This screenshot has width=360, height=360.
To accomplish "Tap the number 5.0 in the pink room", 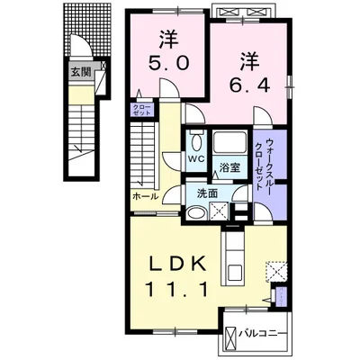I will click(x=168, y=65).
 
